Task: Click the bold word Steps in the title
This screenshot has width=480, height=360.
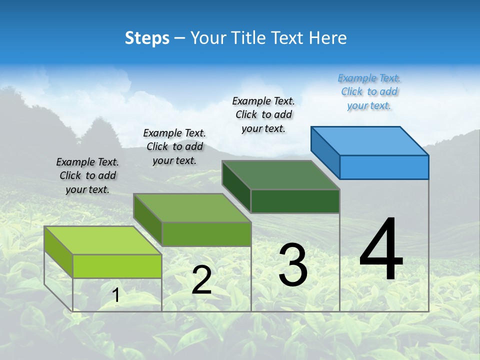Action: click(147, 38)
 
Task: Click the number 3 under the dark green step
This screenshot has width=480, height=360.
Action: click(293, 265)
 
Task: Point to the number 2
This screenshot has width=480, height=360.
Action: click(201, 280)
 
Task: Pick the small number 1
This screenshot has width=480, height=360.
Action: click(116, 295)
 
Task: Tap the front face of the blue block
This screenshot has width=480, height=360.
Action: click(384, 167)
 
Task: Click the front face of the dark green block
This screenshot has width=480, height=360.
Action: click(295, 201)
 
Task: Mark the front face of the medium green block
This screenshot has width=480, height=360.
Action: click(206, 234)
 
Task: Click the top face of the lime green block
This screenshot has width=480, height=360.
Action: click(103, 240)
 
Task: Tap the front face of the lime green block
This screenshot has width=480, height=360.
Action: click(117, 266)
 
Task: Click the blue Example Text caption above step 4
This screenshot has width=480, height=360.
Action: click(369, 92)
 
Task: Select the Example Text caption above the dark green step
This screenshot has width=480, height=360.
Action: click(263, 114)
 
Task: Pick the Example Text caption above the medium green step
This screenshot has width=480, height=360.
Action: click(174, 146)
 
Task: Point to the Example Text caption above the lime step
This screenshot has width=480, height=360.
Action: click(87, 175)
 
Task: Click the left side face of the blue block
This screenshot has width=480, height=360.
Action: click(325, 150)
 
